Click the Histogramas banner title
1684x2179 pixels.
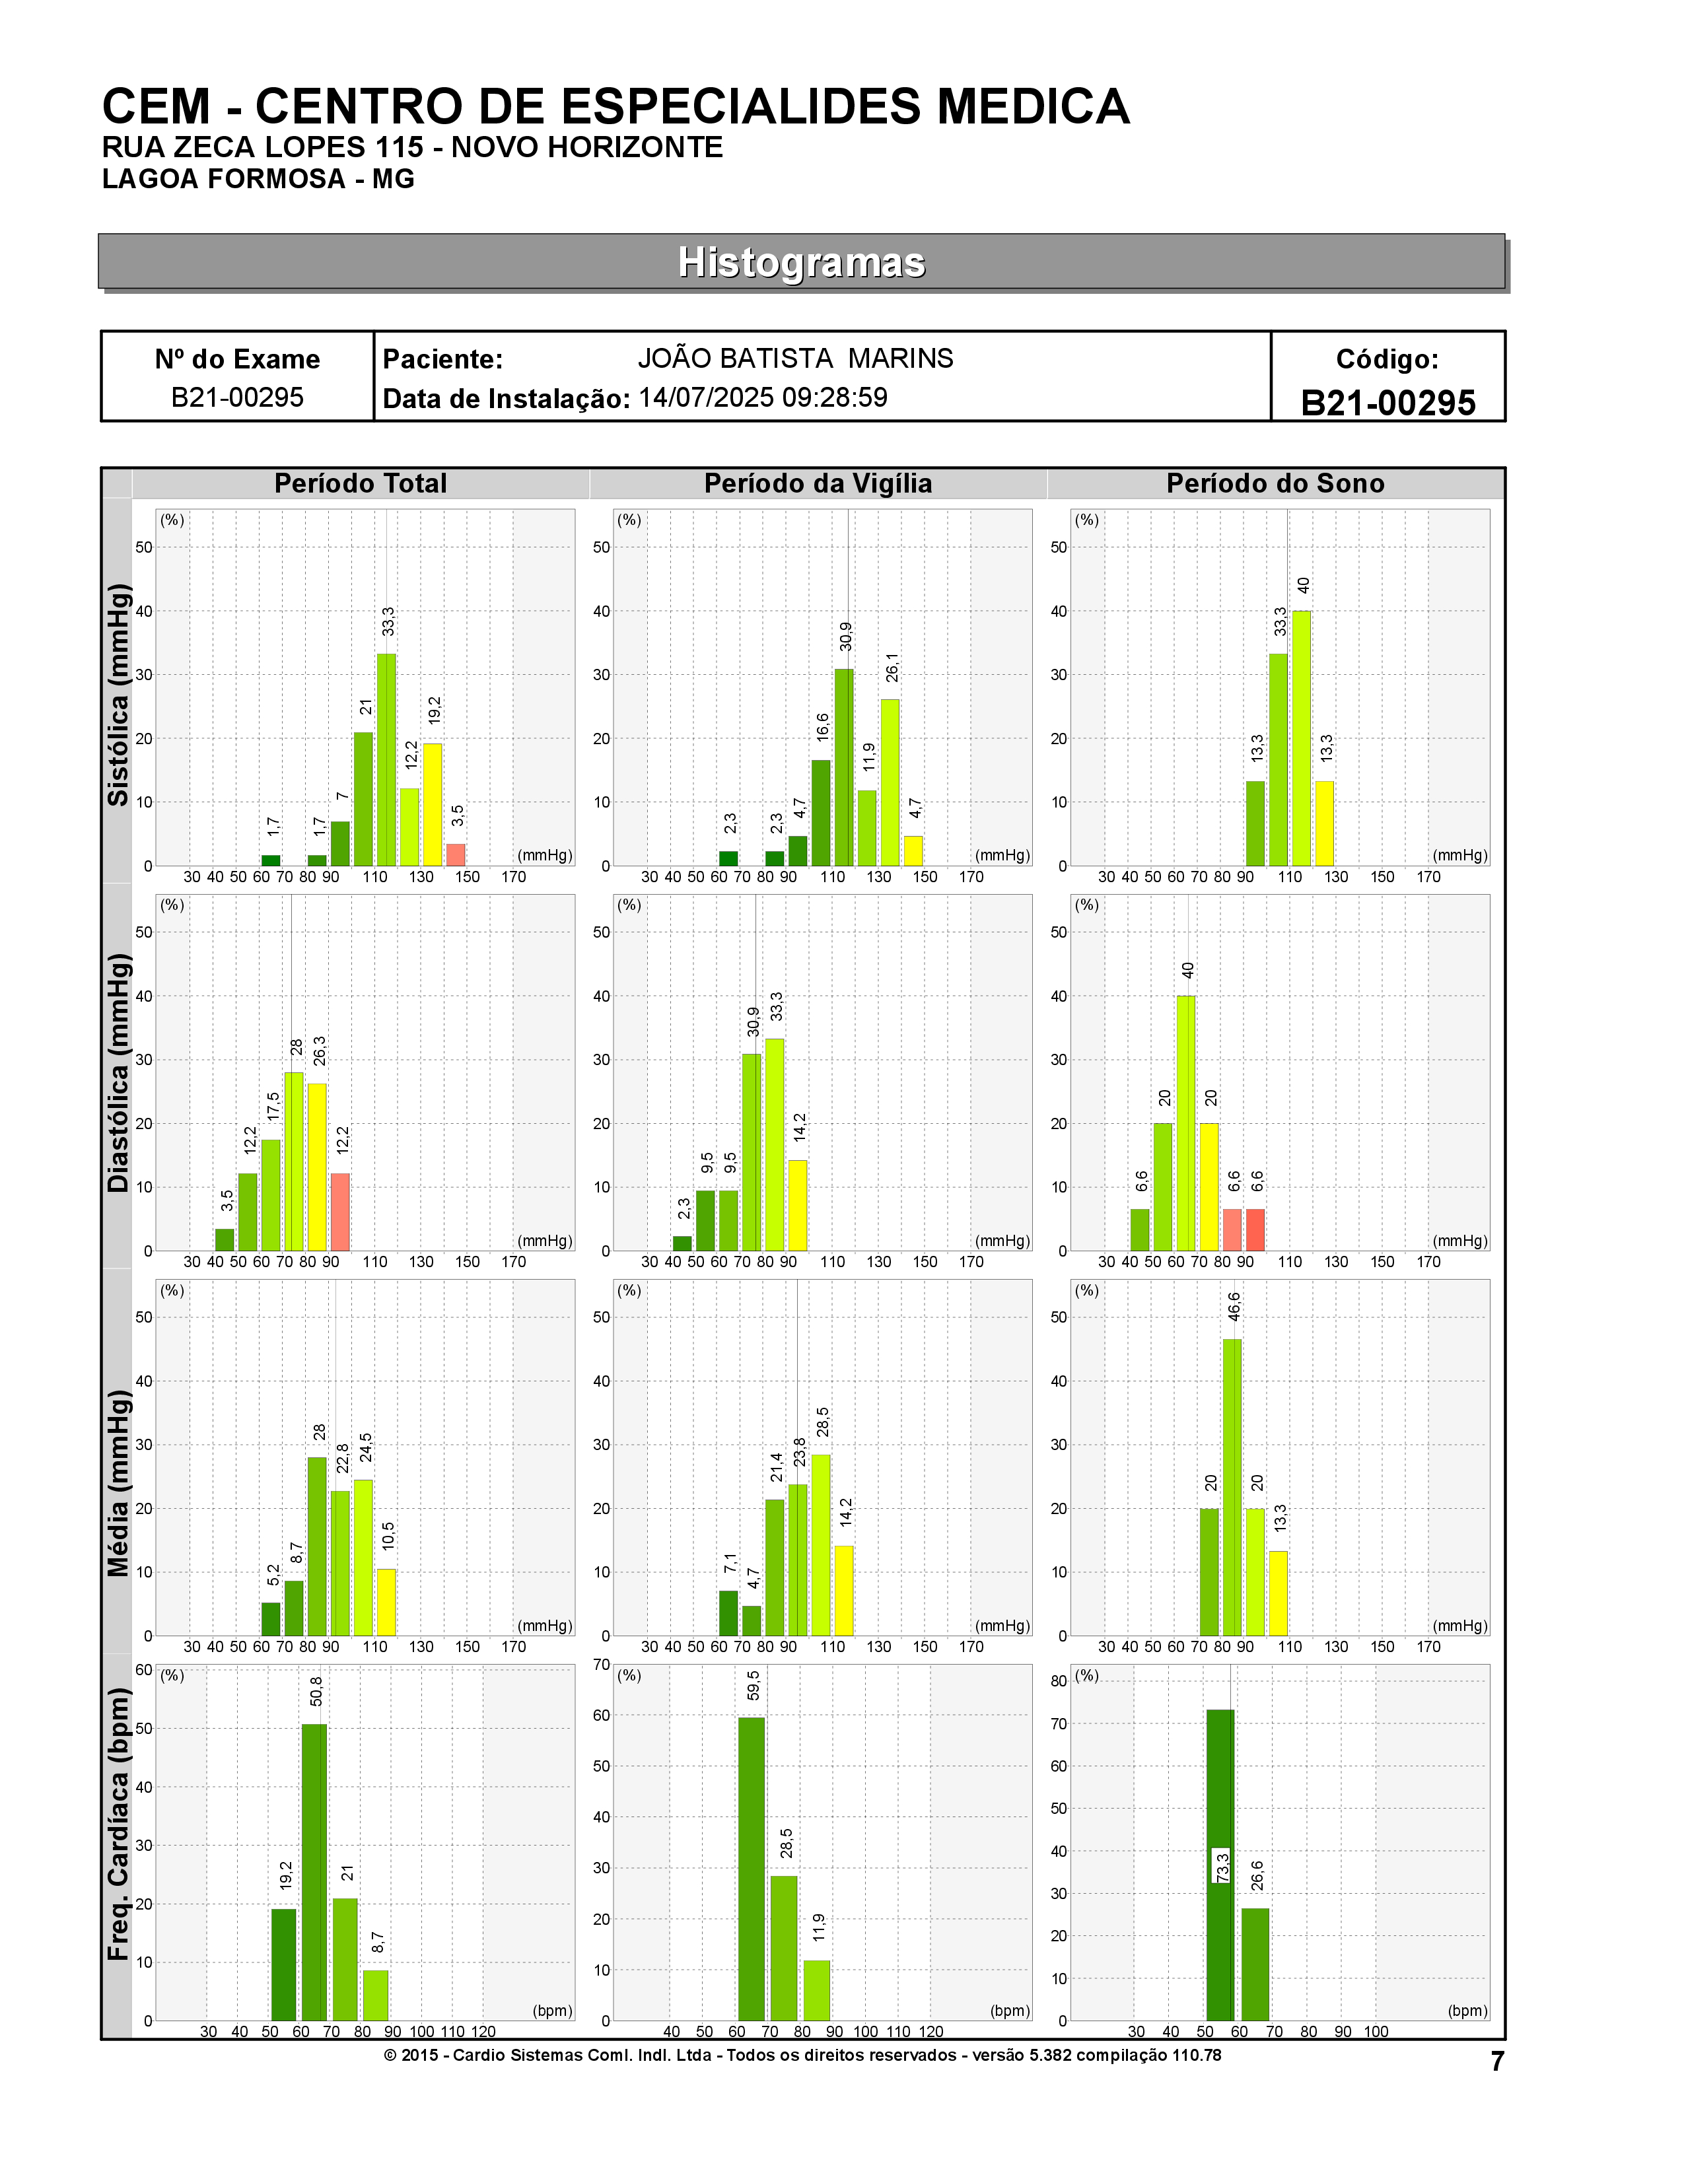(801, 262)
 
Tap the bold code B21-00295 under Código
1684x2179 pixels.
(1387, 403)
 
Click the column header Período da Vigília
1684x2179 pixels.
(818, 484)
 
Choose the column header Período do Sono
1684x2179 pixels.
(1275, 484)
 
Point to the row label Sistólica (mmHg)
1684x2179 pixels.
(119, 695)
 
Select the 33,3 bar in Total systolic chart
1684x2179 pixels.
(386, 759)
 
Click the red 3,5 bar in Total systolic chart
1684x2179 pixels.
(456, 855)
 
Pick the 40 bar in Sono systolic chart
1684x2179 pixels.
(1301, 738)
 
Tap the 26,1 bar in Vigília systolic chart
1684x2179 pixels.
(890, 783)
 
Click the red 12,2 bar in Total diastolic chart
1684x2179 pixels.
(340, 1212)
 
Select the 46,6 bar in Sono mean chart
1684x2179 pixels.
(1232, 1488)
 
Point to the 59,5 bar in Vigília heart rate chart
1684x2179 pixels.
(752, 1870)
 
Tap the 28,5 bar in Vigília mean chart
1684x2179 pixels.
(821, 1546)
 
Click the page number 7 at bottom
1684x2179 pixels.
(1496, 2062)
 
